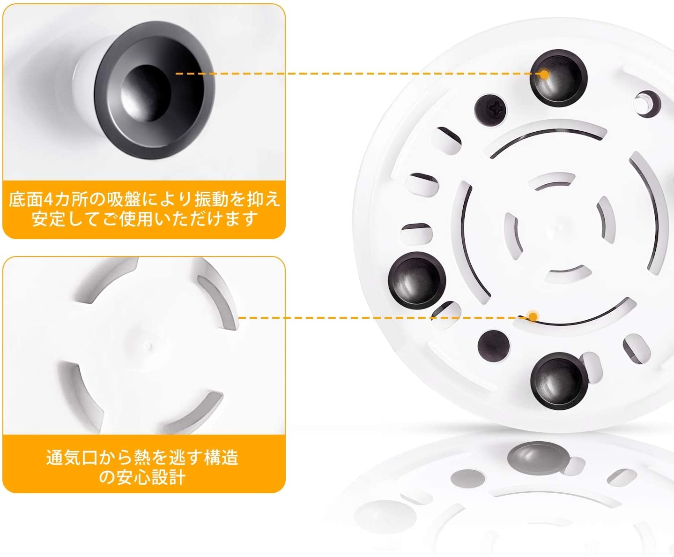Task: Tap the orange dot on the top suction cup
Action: tap(544, 74)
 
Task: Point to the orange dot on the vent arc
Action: tap(533, 316)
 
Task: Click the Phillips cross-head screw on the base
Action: tap(490, 110)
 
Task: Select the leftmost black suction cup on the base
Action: tap(417, 280)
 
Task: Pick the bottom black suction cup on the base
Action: tap(559, 381)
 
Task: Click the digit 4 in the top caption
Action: tap(48, 199)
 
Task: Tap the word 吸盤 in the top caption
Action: tap(123, 199)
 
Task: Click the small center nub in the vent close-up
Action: tap(148, 346)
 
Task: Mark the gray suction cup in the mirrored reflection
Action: tap(536, 458)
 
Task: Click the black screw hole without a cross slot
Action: tap(494, 346)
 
